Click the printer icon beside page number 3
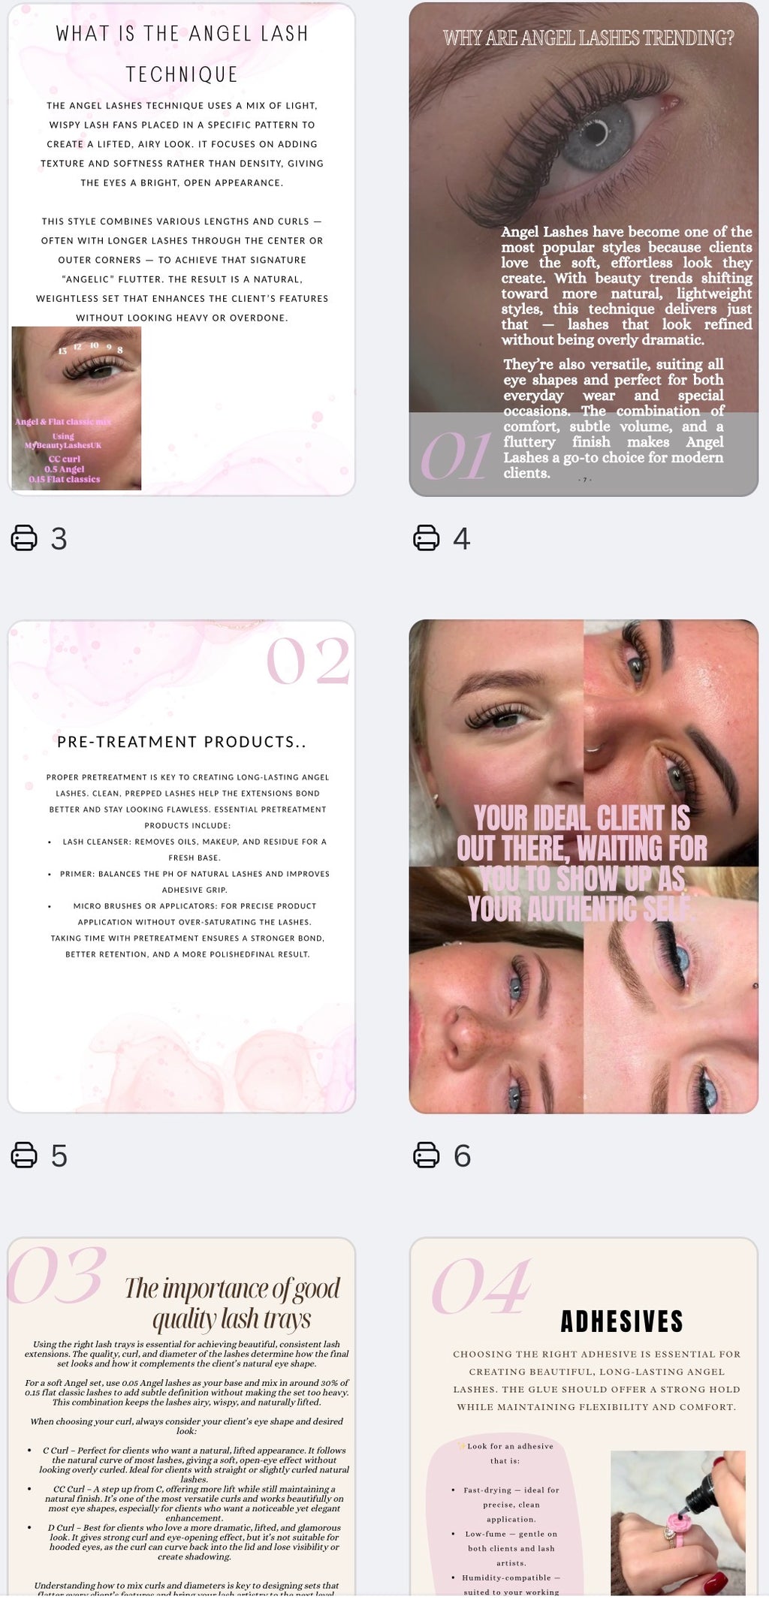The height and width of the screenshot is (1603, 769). (x=24, y=538)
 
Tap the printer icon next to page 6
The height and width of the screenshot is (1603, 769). (x=427, y=1155)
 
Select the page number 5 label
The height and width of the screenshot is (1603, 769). (x=59, y=1156)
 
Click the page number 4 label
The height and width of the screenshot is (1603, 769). (x=462, y=538)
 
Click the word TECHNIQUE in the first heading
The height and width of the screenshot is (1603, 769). (x=182, y=74)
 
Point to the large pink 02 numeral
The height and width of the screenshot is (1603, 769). (x=308, y=661)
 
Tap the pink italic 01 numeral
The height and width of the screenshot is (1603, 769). (x=455, y=457)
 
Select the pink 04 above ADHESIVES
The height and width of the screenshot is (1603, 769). (x=481, y=1287)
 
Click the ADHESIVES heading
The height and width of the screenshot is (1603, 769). (x=622, y=1321)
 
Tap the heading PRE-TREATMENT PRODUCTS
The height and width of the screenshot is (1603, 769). (x=181, y=742)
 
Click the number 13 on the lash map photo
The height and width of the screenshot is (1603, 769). (x=62, y=351)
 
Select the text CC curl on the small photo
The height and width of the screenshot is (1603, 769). (x=64, y=459)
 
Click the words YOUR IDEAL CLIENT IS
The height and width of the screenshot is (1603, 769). (x=582, y=817)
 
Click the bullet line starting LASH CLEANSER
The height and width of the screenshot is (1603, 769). (x=194, y=842)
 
